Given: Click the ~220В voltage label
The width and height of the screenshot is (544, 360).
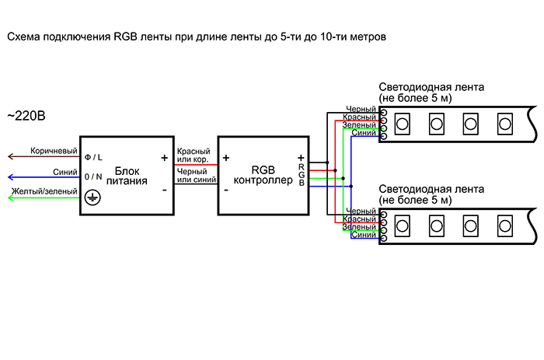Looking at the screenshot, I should point(26,117).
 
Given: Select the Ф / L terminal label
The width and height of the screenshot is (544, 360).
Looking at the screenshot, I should point(93,156).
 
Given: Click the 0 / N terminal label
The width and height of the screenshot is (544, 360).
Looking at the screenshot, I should point(93,177).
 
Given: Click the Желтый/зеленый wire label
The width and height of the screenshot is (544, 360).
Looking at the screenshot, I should point(44,190).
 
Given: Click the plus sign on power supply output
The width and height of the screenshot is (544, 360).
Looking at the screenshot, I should point(164,157).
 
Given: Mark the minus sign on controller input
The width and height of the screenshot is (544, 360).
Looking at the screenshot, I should point(225,189).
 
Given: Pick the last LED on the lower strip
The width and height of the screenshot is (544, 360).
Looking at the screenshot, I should point(504,227).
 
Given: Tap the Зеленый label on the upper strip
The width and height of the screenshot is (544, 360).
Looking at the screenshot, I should point(361,125).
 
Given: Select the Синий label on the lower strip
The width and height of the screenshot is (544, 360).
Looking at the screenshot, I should point(364,235).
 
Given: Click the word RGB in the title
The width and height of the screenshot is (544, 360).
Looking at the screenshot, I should point(125,37).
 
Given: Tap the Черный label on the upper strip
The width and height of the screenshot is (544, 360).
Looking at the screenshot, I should point(362,110).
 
